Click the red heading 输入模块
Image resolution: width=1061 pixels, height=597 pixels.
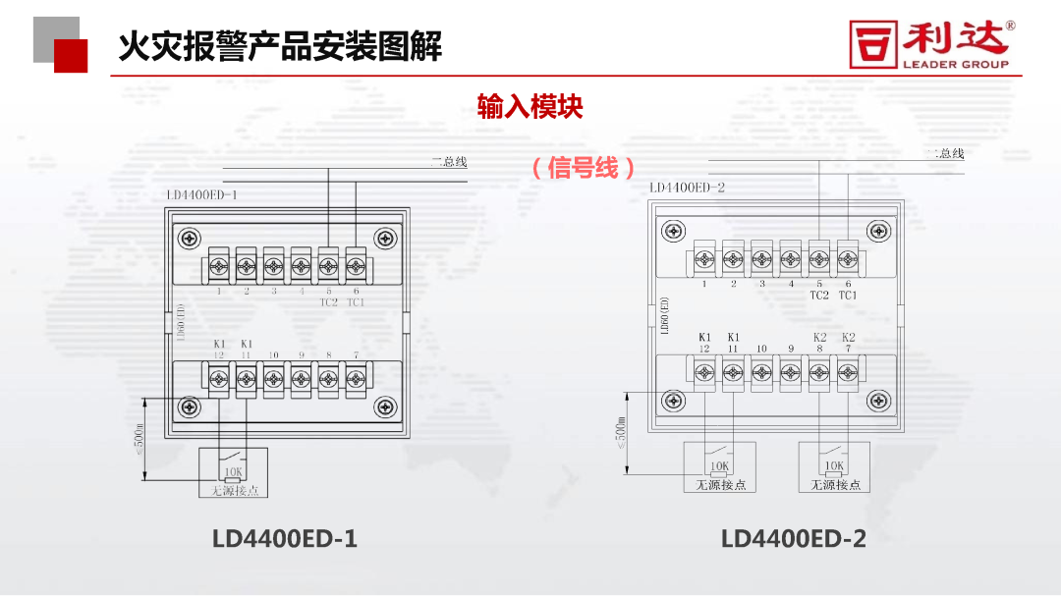click(x=530, y=106)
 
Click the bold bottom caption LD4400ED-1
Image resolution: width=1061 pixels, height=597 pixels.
click(x=285, y=539)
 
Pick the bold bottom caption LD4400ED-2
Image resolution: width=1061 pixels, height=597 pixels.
click(x=794, y=539)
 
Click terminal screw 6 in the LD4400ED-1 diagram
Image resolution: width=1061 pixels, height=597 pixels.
click(x=356, y=265)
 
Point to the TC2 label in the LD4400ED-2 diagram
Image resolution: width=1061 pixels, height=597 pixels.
click(x=819, y=295)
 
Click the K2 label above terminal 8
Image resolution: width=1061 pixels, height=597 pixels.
click(x=820, y=338)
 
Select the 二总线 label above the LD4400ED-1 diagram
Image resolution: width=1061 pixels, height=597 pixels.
click(x=449, y=162)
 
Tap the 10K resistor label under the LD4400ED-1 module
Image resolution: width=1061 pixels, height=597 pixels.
click(x=234, y=472)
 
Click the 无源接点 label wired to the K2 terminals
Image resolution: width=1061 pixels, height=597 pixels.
click(x=835, y=485)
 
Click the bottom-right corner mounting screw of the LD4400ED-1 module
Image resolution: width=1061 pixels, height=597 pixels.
click(x=385, y=406)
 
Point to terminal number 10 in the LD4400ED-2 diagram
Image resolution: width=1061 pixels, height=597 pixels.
click(x=761, y=349)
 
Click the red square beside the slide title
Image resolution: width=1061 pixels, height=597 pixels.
click(x=71, y=55)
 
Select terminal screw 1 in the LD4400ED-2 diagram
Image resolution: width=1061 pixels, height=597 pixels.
click(x=704, y=259)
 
